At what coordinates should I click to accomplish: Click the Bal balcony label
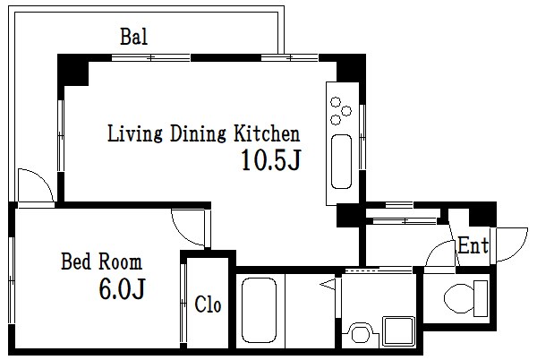point(134,37)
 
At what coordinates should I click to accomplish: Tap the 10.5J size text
point(271,160)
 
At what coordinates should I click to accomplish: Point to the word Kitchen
point(267,133)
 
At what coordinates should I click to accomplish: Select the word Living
point(134,134)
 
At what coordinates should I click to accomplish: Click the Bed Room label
point(101,261)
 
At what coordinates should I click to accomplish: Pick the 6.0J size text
point(123,288)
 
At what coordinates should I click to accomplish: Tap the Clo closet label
point(208,304)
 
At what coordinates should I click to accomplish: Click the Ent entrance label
point(473,245)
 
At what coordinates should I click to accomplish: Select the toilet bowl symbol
point(459,298)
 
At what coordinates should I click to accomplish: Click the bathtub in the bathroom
point(259,310)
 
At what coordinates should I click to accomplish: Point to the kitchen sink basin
point(342,162)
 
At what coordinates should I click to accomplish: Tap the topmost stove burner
point(336,102)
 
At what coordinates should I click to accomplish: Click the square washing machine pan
point(398,330)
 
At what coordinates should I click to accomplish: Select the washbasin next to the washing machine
point(360,334)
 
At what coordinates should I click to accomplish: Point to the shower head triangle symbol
point(328,284)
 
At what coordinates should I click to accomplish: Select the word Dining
point(199,134)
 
